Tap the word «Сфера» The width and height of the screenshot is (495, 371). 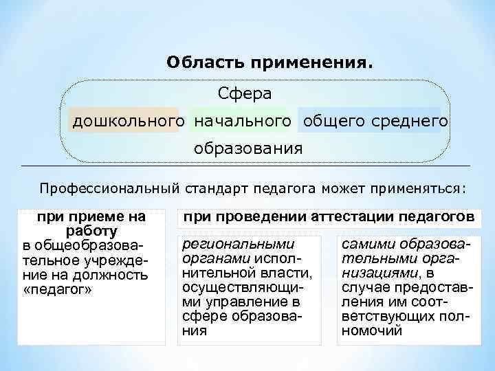[x=245, y=92]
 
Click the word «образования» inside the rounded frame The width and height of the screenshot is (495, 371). [x=247, y=148]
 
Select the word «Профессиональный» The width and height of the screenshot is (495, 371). [x=110, y=188]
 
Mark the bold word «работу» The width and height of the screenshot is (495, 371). [x=91, y=232]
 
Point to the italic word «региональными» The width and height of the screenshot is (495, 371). [x=238, y=244]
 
